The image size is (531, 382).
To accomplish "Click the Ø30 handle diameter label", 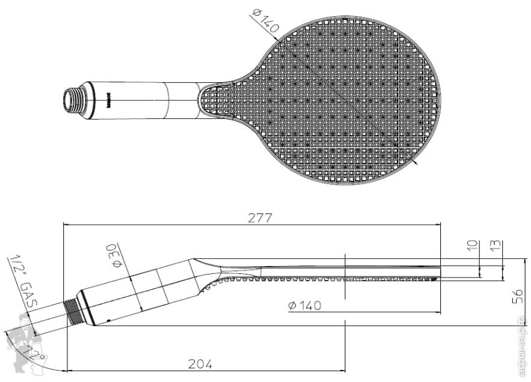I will [114, 256].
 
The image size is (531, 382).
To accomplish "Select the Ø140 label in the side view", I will [304, 305].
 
